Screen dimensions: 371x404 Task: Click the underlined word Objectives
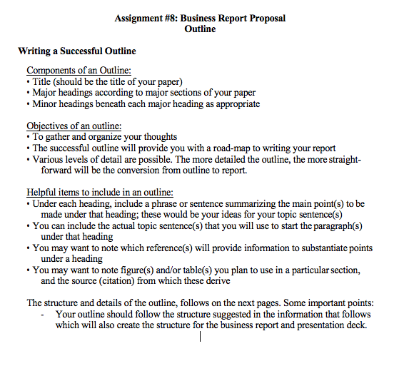point(50,126)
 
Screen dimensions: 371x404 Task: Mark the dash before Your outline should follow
point(44,314)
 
